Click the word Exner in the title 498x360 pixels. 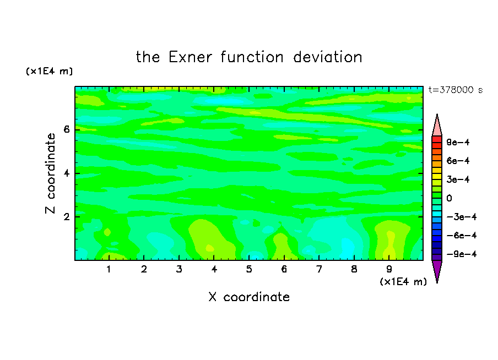[190, 57]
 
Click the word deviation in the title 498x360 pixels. [328, 57]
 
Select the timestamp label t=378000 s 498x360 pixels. [456, 90]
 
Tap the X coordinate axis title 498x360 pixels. [249, 297]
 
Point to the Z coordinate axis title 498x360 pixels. [50, 173]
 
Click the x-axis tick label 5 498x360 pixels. [249, 269]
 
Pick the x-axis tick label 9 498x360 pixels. [389, 269]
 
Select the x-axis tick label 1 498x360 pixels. [109, 269]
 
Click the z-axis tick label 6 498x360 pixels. [66, 129]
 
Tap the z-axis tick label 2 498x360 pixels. [66, 217]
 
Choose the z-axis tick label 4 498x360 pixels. [66, 173]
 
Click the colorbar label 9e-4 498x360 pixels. [458, 142]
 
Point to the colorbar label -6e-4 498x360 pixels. [462, 236]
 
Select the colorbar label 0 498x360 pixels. [449, 198]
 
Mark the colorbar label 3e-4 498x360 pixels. [458, 179]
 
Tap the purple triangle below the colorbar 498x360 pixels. [437, 269]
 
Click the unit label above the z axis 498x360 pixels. [49, 71]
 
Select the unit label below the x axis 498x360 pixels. [403, 282]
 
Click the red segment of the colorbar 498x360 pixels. [437, 139]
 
